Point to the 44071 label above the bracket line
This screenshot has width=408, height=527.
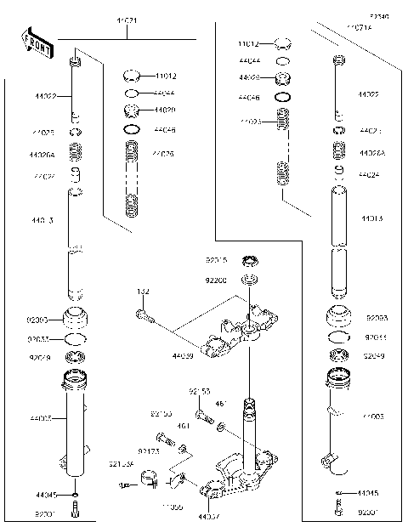pos(127,19)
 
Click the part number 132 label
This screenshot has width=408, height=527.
pos(143,292)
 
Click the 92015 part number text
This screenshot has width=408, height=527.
pos(217,260)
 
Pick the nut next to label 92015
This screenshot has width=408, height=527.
pos(250,259)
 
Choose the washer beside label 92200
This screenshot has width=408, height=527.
pos(250,280)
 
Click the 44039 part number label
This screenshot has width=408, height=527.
pos(183,358)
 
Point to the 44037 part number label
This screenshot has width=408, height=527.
pos(208,516)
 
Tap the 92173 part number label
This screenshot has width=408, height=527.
pos(148,452)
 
